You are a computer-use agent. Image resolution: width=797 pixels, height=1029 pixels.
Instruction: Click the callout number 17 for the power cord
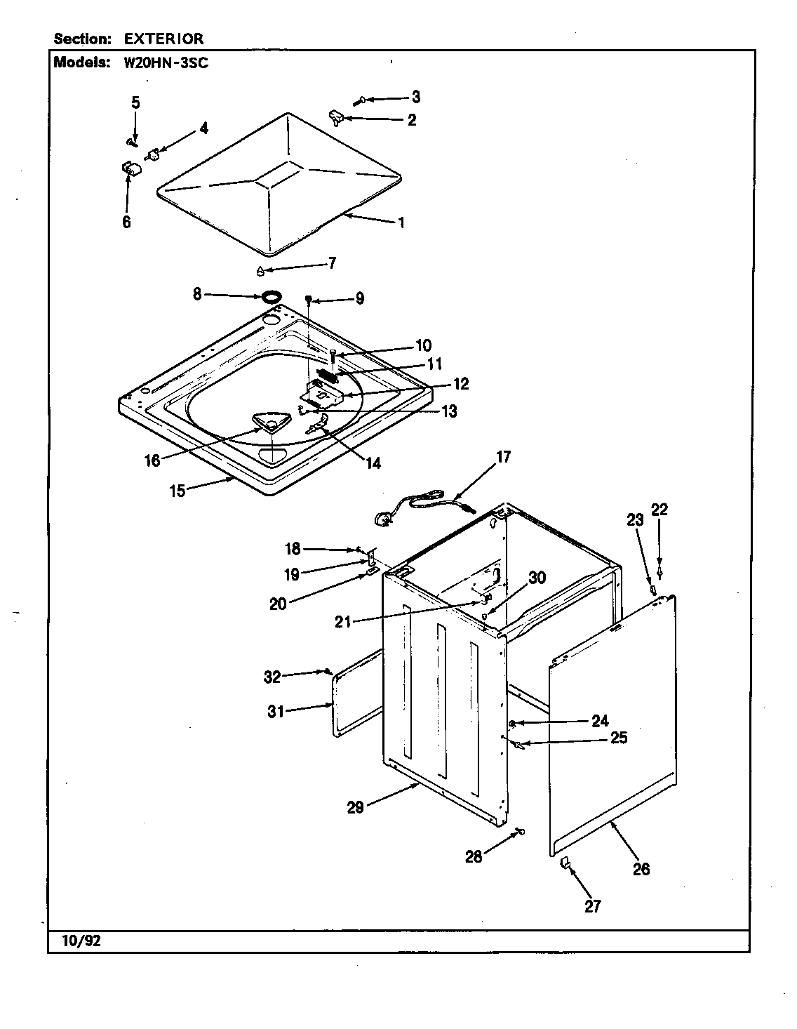tap(503, 458)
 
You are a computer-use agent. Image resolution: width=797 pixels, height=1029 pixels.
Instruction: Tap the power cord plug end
tap(383, 519)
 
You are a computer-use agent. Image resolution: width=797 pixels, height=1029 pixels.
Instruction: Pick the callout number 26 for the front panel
tap(641, 869)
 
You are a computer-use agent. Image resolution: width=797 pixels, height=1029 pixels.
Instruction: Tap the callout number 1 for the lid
tap(401, 223)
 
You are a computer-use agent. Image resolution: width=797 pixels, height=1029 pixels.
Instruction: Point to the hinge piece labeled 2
tap(335, 117)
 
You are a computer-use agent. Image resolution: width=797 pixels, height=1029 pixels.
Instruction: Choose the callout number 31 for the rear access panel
tap(276, 711)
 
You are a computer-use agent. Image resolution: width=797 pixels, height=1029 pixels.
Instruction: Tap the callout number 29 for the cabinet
tap(355, 806)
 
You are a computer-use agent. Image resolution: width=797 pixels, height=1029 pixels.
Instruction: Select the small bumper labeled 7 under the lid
tap(260, 272)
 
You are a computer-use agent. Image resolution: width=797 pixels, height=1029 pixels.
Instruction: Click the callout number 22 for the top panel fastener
tap(659, 510)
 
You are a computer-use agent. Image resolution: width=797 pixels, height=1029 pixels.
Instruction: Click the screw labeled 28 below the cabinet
tap(520, 832)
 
